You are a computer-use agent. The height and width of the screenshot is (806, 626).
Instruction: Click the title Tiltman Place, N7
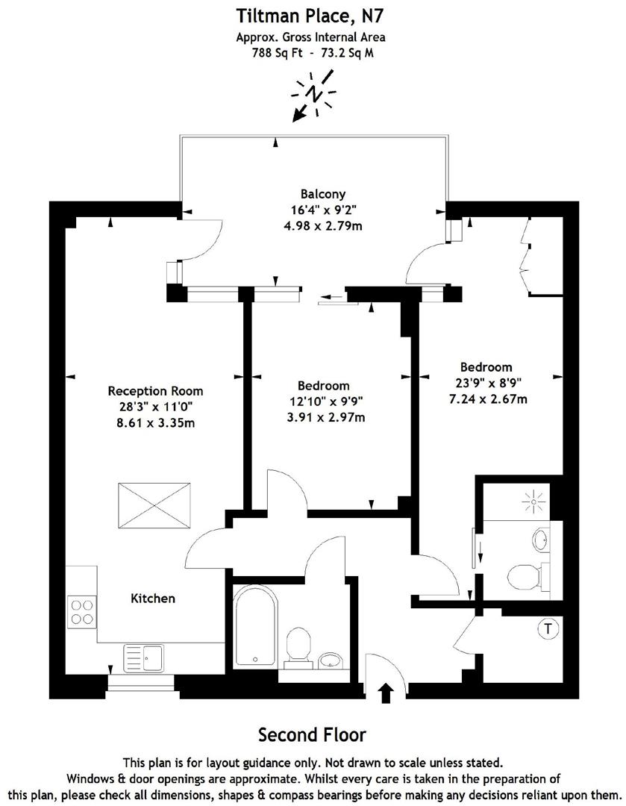click(x=311, y=14)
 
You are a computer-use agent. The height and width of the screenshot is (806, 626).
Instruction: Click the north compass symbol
click(x=314, y=95)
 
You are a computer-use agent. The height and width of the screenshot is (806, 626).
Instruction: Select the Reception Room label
click(x=155, y=391)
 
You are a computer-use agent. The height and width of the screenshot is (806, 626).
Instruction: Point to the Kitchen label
click(x=153, y=599)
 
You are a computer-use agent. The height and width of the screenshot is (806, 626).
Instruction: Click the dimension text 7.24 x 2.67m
click(x=486, y=399)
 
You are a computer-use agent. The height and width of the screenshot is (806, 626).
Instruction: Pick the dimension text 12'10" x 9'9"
click(x=323, y=402)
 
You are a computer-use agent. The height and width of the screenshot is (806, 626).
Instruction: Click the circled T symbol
click(x=548, y=629)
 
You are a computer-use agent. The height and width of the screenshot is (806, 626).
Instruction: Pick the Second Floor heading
click(x=312, y=735)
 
